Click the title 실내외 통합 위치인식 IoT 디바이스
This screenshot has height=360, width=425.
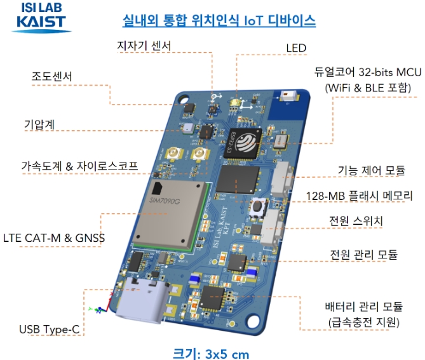(x=219, y=20)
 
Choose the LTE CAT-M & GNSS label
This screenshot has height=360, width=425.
(x=53, y=238)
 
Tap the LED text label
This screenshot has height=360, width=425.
(x=296, y=48)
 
